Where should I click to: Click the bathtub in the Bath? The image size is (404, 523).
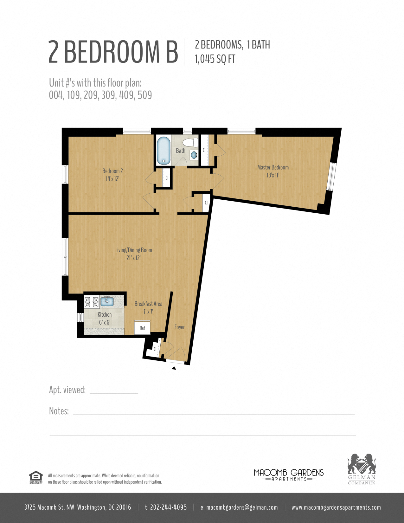pyautogui.click(x=164, y=150)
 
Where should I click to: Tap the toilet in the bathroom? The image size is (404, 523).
pyautogui.click(x=190, y=143)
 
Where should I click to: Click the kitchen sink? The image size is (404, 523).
pyautogui.click(x=107, y=301)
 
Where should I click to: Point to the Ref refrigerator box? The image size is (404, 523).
pyautogui.click(x=142, y=327)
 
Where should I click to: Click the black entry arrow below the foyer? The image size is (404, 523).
pyautogui.click(x=174, y=368)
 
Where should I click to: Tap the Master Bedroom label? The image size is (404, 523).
pyautogui.click(x=273, y=167)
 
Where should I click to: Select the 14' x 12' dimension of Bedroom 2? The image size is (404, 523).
pyautogui.click(x=112, y=179)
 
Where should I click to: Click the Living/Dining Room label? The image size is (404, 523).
pyautogui.click(x=133, y=250)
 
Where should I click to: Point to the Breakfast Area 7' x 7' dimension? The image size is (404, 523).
pyautogui.click(x=148, y=312)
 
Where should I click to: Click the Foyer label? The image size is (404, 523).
pyautogui.click(x=179, y=327)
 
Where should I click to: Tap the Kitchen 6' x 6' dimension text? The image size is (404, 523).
pyautogui.click(x=105, y=322)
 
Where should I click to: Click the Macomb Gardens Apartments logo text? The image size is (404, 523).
pyautogui.click(x=289, y=475)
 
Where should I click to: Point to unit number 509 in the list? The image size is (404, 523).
pyautogui.click(x=145, y=95)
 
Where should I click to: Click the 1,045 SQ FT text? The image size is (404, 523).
pyautogui.click(x=215, y=59)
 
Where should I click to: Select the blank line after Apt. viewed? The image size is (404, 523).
pyautogui.click(x=114, y=393)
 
